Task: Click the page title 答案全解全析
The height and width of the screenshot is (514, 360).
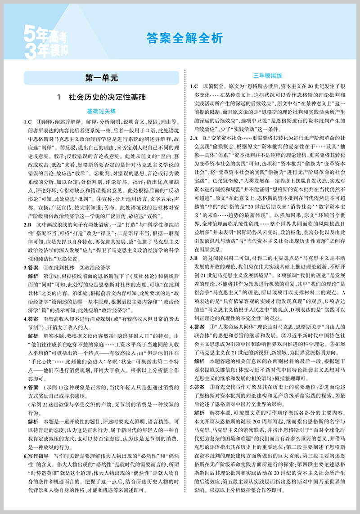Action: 184,39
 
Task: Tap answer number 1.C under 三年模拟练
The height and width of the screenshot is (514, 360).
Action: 194,85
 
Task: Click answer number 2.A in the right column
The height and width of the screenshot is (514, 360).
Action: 194,137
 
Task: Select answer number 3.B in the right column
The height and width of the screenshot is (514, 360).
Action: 194,258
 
